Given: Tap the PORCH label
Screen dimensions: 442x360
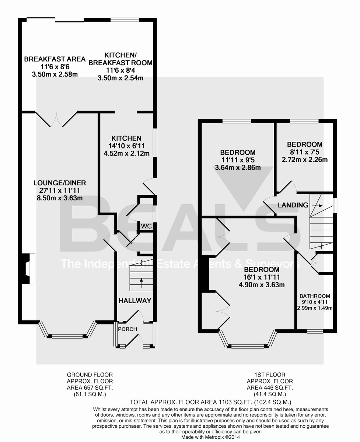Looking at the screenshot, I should pos(127,329).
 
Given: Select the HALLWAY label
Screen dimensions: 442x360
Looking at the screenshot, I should pos(134,301).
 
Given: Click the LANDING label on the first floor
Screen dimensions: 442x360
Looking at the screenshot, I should pos(293,205).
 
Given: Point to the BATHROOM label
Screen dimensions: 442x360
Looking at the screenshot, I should pos(315,296).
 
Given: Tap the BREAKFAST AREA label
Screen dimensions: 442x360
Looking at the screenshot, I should pos(55,59).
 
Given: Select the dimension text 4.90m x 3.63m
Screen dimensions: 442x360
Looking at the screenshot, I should pos(262,285).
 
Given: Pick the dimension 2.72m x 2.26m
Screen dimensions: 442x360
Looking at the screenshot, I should pos(305,159).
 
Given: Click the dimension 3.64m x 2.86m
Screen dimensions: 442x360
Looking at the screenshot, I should pos(238,168).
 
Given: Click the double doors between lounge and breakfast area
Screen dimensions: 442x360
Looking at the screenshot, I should pos(57,119).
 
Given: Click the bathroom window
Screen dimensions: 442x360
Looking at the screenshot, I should pos(315,331).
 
